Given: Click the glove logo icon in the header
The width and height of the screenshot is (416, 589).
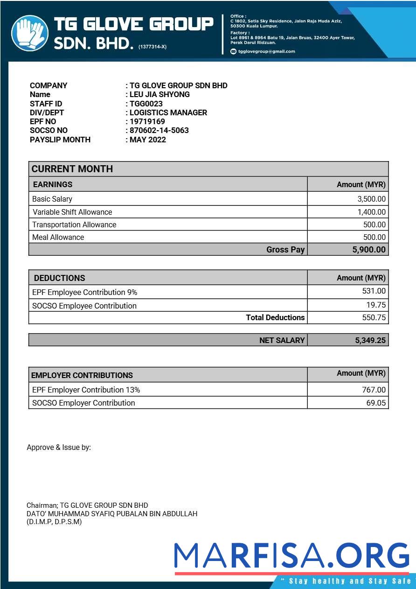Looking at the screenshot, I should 30,33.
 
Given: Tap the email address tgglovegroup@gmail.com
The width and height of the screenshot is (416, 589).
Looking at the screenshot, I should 266,51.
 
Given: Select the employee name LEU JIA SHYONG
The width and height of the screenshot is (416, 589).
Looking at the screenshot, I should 159,94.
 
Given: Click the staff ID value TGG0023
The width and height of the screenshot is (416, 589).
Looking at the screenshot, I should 146,104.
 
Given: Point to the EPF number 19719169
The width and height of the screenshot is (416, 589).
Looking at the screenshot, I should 147,121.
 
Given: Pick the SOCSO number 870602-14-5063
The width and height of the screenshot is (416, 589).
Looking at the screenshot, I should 159,130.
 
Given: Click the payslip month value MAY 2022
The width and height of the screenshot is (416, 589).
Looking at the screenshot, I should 148,140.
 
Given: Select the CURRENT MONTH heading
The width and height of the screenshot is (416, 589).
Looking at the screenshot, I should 72,169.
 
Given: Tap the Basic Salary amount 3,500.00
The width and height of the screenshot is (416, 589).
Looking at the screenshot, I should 372,199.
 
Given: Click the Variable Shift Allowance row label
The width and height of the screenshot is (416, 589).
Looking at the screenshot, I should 72,212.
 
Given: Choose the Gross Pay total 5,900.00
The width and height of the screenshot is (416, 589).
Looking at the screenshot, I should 369,250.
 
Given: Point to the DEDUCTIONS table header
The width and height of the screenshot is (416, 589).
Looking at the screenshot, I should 60,278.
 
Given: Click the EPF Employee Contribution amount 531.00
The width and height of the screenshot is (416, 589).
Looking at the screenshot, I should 374,291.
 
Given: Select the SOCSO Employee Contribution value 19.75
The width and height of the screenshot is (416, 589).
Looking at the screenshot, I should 376,305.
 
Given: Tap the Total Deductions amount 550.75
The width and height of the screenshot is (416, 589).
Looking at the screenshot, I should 374,318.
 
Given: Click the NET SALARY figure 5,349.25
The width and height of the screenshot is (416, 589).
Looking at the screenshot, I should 370,340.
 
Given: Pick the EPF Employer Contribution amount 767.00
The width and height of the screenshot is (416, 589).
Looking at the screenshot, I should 374,390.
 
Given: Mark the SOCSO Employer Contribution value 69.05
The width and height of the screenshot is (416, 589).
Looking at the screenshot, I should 376,403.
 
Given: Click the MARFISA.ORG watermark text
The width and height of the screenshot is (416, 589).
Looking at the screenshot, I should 291,555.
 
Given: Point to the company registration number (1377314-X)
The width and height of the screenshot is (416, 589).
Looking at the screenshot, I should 153,47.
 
